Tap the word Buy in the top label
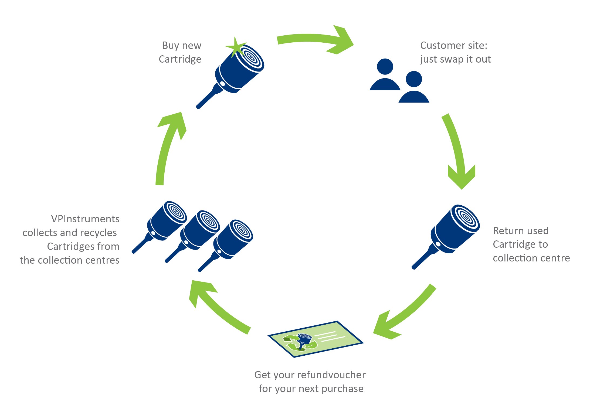pyautogui.click(x=171, y=45)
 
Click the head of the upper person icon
pyautogui.click(x=385, y=67)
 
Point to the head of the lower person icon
pyautogui.click(x=414, y=79)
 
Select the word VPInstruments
pyautogui.click(x=85, y=219)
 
